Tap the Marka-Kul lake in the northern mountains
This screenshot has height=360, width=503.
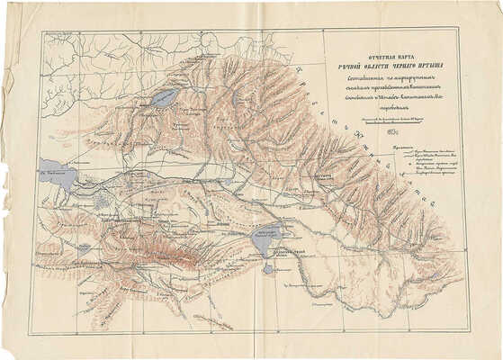click(165, 97)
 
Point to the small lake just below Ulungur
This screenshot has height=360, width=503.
click(267, 268)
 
